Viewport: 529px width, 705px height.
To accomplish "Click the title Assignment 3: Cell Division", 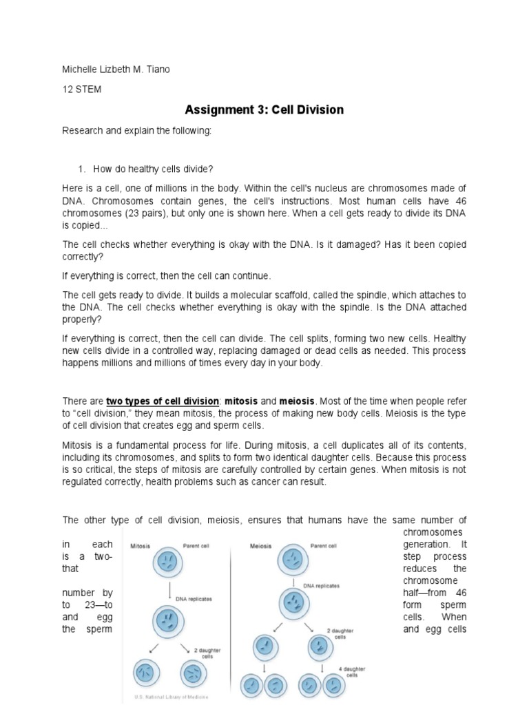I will click(264, 110).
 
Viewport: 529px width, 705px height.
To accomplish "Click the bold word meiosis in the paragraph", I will click(294, 401).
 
